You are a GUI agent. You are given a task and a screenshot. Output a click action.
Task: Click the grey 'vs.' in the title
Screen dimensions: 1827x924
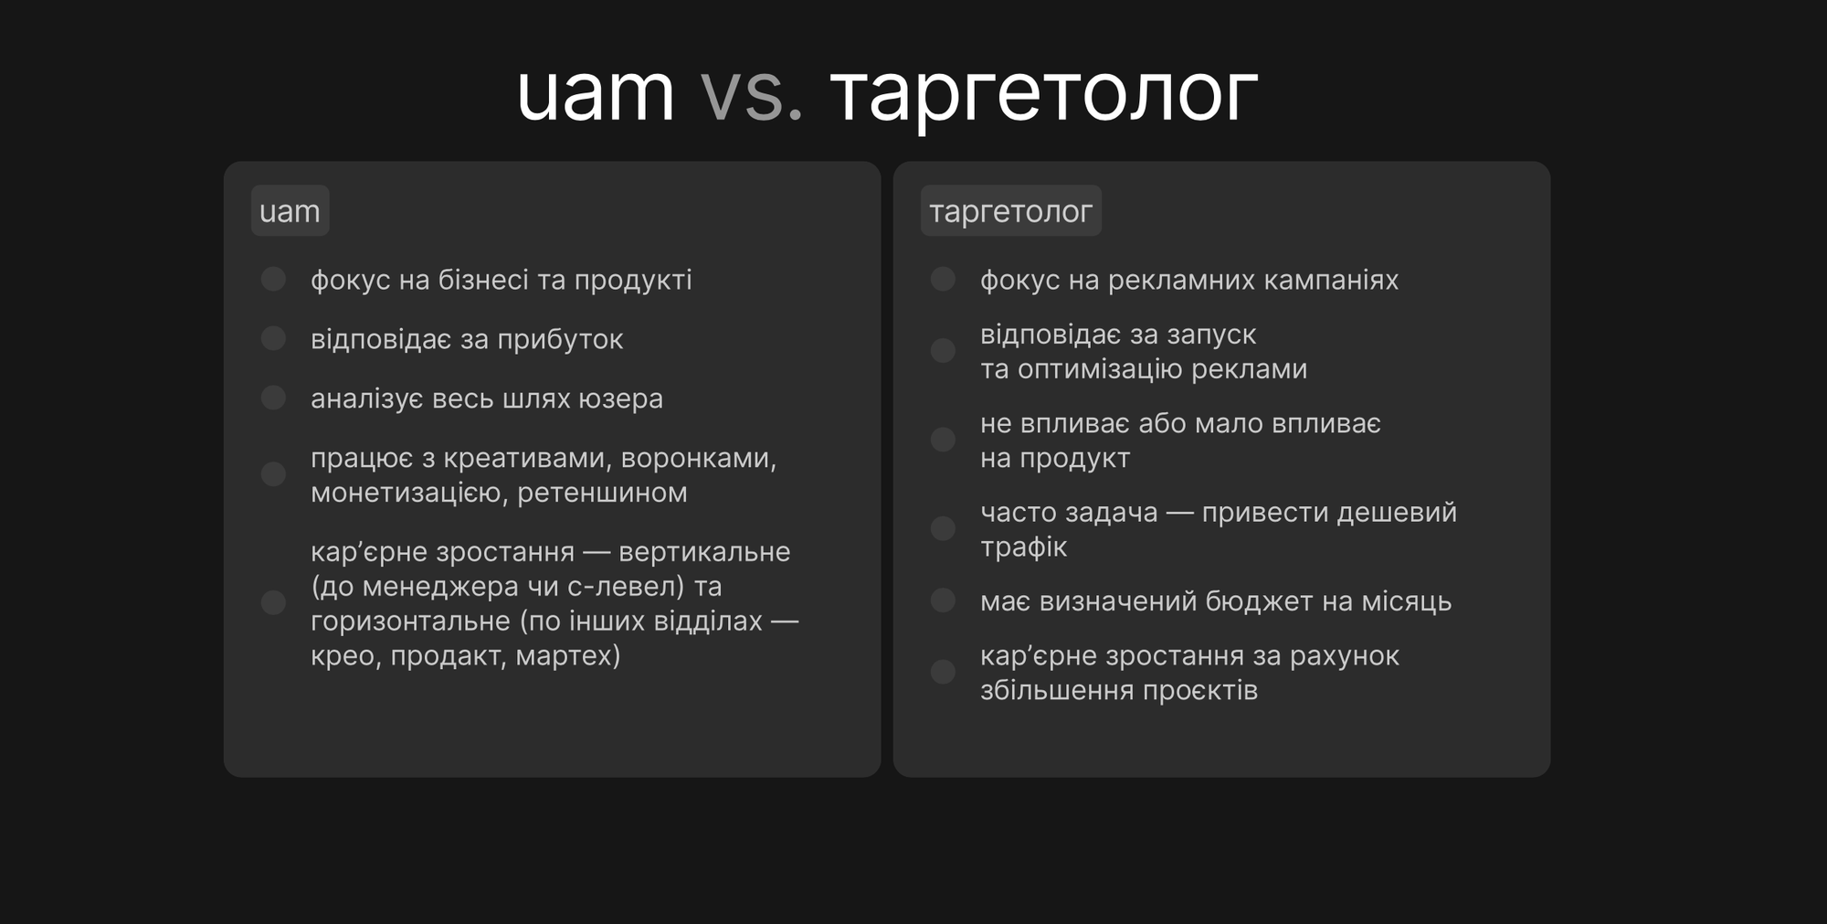(752, 94)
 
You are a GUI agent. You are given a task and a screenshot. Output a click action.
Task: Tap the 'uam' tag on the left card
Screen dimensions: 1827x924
(290, 211)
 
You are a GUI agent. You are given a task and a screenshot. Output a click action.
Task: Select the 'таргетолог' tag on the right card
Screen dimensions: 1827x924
(1010, 211)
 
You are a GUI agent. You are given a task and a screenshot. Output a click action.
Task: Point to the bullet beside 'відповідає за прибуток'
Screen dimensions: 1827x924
(273, 338)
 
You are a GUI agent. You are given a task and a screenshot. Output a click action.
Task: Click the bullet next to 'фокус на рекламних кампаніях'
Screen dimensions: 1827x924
(943, 279)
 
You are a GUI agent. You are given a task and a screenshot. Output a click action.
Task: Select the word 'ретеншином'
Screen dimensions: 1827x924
(602, 493)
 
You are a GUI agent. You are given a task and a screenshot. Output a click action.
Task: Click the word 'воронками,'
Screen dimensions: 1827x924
(699, 459)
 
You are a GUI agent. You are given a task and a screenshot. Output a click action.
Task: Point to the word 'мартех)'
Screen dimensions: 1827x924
(568, 656)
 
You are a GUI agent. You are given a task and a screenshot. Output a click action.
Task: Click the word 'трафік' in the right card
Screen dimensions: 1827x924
(1023, 547)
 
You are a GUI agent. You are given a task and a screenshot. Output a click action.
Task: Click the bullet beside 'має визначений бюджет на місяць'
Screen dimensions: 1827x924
(943, 600)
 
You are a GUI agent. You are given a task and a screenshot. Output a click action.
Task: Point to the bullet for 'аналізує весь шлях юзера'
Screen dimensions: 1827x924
(273, 398)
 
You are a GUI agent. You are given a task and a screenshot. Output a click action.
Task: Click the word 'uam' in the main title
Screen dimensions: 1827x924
(596, 94)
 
